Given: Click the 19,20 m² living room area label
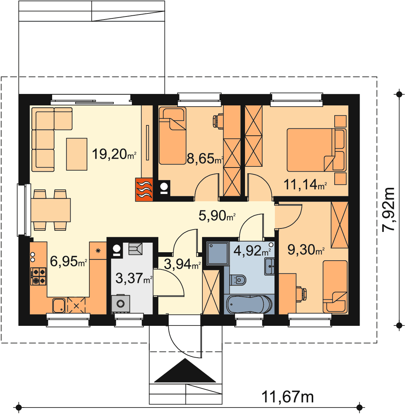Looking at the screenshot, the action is coord(114,154).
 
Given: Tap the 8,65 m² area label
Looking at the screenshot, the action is coord(205,159).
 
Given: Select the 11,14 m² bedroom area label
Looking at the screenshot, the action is coord(305,184).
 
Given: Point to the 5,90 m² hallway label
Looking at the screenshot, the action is coord(217,215).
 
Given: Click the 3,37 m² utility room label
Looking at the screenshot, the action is coord(134,278).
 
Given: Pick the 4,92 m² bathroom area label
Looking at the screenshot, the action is coord(252,251).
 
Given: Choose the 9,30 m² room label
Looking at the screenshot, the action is coord(306,250).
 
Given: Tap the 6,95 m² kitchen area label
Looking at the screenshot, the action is coord(68,261).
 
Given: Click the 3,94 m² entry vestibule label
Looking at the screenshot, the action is coord(182,264).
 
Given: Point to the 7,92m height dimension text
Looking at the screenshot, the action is coord(389,210).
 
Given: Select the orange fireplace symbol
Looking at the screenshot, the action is coord(144,190).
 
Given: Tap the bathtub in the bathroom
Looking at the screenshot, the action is coord(249,304).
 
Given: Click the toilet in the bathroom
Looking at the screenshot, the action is coord(238,279).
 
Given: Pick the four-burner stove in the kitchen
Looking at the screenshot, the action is coord(39,276).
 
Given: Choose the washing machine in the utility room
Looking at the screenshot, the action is coord(120,304).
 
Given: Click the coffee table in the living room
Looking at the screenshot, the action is coord(77,154).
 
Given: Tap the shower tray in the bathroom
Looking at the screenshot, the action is coord(218,254).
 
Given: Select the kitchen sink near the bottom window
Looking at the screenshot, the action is coord(59,306).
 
